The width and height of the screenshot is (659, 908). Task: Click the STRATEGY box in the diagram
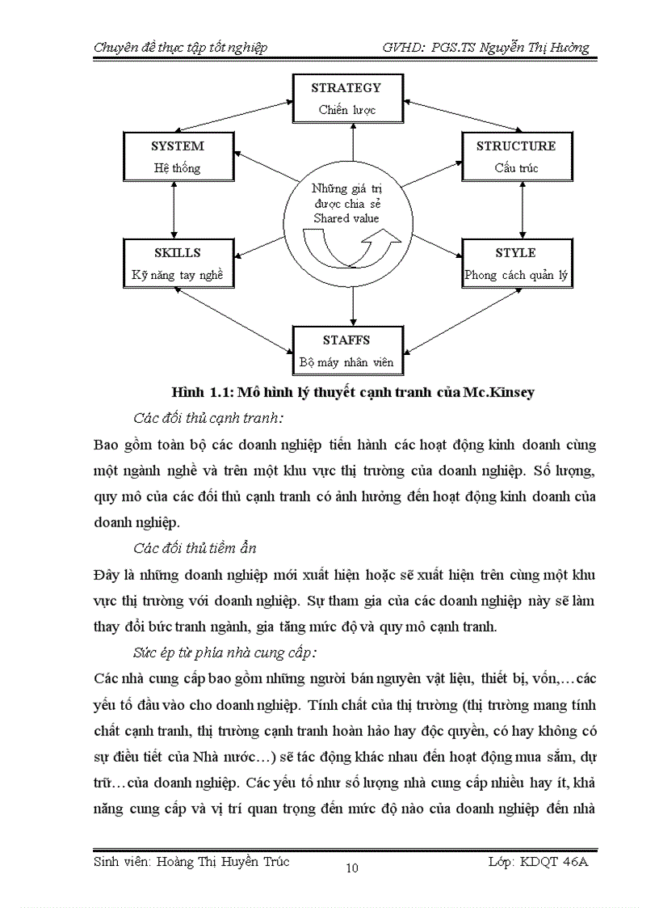coord(347,98)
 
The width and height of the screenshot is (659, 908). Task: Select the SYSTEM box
coord(177,157)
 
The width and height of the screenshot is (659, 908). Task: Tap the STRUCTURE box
coord(516,157)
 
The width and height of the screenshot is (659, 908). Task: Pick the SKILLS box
coord(177,264)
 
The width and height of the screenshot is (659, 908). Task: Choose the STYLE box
coord(516,264)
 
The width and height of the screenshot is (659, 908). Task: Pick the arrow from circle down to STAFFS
coord(353,306)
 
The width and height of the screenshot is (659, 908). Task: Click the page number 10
coord(351,869)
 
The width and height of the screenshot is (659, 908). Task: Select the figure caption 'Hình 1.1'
coord(198,393)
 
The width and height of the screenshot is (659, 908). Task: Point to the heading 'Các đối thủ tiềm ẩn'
coord(195,548)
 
